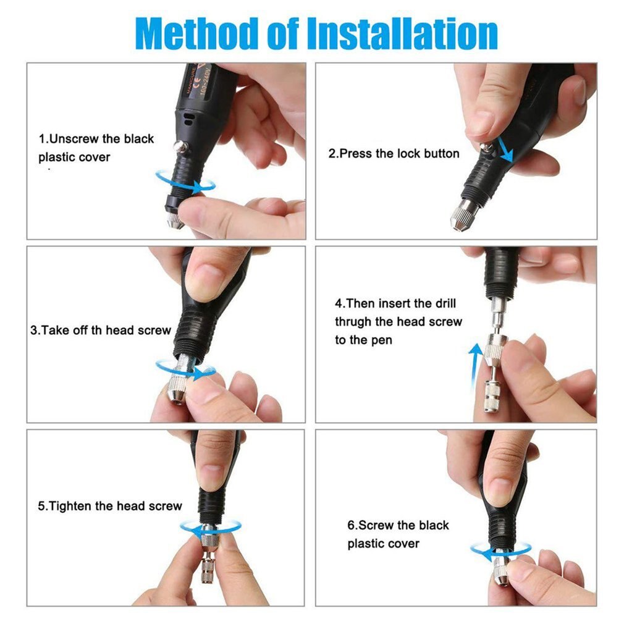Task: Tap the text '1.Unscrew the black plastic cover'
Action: pos(96,148)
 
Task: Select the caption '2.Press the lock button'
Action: pos(394,153)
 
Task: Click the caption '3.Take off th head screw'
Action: pos(101,330)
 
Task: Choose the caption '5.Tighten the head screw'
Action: pos(110,506)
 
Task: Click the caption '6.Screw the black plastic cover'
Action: pos(397,534)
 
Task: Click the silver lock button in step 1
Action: pos(180,146)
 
